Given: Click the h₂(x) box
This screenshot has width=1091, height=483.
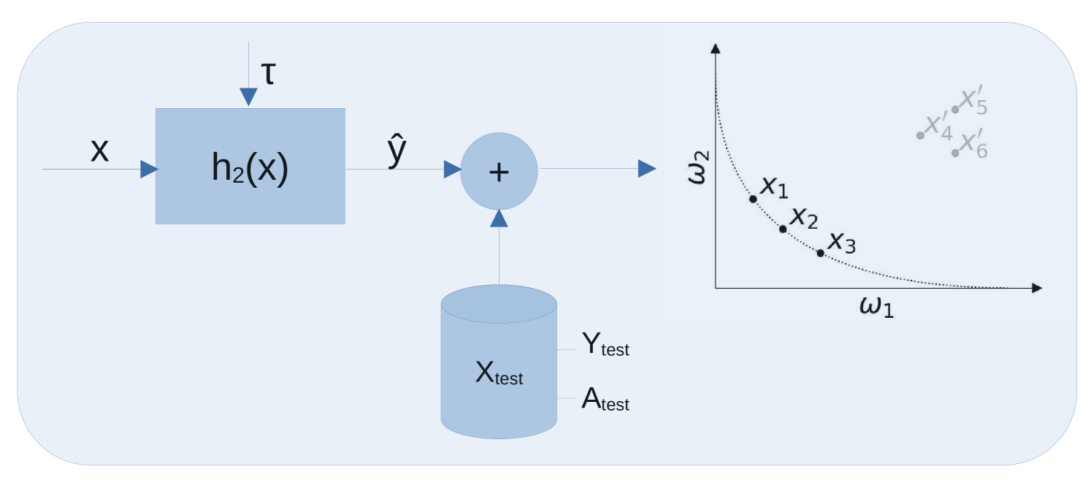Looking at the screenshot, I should tap(250, 167).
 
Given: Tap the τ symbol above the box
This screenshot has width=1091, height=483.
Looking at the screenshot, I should tap(268, 75).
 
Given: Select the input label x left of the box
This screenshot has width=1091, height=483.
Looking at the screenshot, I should tap(99, 151).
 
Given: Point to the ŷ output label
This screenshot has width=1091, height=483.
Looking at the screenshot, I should tap(397, 151).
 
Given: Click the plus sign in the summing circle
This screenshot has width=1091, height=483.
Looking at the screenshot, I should tap(499, 172).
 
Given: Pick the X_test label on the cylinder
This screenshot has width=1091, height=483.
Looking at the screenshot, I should tap(499, 374).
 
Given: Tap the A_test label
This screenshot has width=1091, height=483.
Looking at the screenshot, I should tap(605, 400).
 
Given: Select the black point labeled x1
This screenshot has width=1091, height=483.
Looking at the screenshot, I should tap(753, 199).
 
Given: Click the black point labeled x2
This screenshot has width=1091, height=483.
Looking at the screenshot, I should tap(783, 229).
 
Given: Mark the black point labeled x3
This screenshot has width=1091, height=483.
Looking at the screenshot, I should tap(820, 253).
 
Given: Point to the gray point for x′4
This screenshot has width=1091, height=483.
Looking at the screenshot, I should tap(920, 135).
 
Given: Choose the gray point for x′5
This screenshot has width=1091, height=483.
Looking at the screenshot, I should tap(955, 110).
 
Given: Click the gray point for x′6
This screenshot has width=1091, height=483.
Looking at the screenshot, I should tap(955, 153).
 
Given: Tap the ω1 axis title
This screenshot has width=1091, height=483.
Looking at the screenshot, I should tap(876, 307).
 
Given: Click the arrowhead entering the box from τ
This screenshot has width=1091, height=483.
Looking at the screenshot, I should tap(249, 98).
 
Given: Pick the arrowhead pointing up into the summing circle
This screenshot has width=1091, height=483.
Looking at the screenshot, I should tap(499, 218).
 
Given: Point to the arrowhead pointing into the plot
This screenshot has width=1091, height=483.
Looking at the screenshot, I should tap(647, 169).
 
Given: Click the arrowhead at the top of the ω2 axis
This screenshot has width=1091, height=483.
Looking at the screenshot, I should tap(716, 48).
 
